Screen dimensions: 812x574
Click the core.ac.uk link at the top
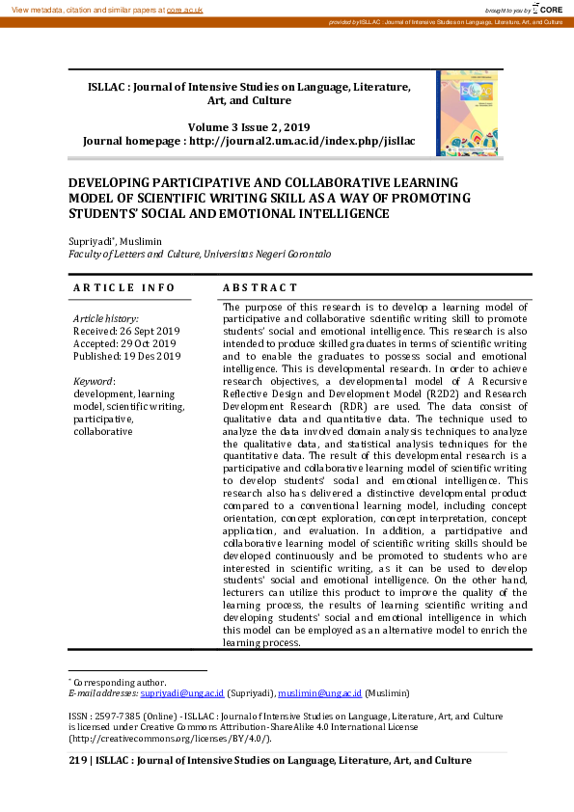[x=183, y=9]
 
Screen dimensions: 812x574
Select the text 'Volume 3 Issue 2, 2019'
[x=249, y=127]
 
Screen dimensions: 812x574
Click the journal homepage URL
[x=302, y=141]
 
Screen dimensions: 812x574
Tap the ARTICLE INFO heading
[x=124, y=287]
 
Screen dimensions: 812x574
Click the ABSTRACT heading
[x=260, y=287]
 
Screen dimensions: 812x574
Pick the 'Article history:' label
[x=106, y=318]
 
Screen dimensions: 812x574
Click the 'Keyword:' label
[x=95, y=381]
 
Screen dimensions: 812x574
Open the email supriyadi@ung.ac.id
[x=182, y=692]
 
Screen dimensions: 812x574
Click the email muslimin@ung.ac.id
[x=321, y=692]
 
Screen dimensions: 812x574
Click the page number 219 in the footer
[x=76, y=760]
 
